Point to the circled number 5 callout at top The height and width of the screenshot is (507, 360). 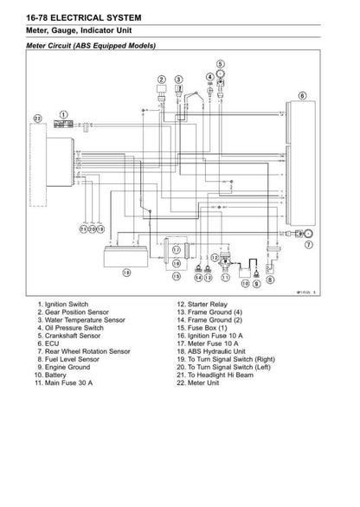tap(221, 63)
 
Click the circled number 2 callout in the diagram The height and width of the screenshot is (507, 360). tap(161, 80)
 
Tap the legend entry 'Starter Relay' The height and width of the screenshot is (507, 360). tap(205, 306)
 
